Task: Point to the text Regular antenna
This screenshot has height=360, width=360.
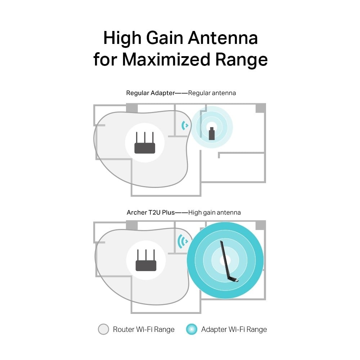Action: click(212, 93)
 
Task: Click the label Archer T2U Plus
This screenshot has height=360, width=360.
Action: click(150, 212)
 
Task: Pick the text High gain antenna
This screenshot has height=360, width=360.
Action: click(215, 212)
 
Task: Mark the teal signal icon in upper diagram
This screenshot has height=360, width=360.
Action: click(185, 125)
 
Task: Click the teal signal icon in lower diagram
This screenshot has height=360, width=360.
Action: click(183, 241)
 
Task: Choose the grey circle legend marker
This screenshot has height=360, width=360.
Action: click(103, 329)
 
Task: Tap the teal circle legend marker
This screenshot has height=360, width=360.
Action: click(192, 329)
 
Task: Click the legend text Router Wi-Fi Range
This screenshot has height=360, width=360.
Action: click(144, 329)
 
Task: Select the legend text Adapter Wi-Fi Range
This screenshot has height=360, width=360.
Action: click(234, 329)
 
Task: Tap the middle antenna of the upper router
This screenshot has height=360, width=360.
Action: click(145, 138)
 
